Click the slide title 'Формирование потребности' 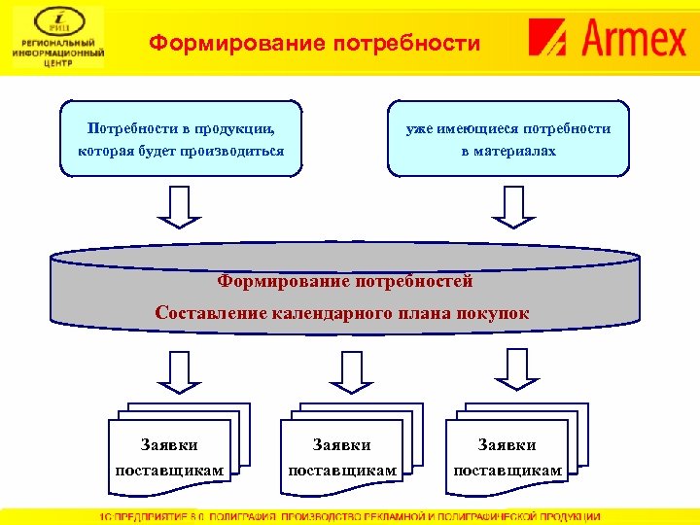pos(315,44)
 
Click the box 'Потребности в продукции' pos(181,138)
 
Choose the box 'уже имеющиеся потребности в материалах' pos(508,138)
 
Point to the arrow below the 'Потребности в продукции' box pos(180,205)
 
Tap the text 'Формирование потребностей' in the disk pos(345,282)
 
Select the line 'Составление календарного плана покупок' pos(343,313)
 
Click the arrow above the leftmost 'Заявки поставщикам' pos(180,369)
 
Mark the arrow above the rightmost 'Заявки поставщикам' pos(512,369)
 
